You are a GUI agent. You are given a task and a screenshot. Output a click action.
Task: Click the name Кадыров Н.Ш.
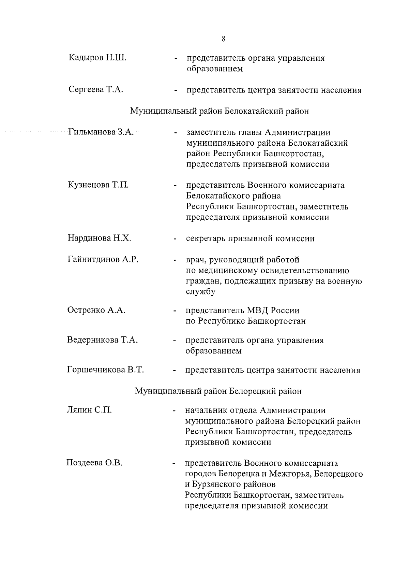pos(97,58)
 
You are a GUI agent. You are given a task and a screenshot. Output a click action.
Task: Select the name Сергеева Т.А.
pos(96,90)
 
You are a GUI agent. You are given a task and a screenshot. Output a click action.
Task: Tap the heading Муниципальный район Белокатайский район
pos(219,111)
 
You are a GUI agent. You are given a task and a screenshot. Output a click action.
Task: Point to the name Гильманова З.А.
pos(101,132)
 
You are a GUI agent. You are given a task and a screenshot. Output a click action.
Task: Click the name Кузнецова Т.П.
pos(98,185)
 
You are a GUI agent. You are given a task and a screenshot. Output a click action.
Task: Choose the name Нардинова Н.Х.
pos(99,238)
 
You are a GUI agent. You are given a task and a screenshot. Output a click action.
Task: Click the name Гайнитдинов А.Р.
pos(103,260)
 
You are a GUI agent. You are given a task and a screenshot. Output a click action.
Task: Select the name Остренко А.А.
pos(96,310)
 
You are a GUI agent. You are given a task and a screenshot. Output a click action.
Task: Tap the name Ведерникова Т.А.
pos(102,340)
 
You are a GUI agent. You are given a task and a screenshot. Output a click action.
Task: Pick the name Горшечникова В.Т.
pos(105,370)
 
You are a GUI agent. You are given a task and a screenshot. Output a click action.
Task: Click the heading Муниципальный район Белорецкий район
pos(218,391)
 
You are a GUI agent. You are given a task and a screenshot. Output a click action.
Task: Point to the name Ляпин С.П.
pos(89,410)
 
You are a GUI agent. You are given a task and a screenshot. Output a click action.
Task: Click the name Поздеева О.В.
pos(94,463)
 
